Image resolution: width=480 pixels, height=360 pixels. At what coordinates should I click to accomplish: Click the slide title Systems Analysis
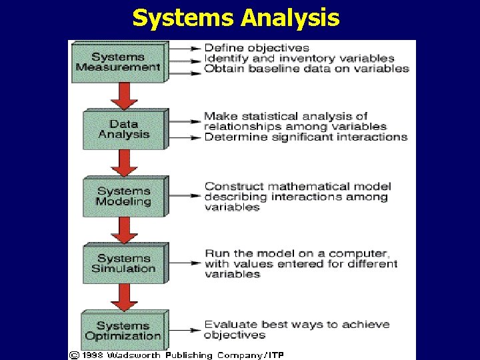[235, 18]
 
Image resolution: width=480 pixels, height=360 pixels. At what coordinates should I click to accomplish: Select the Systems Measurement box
[117, 62]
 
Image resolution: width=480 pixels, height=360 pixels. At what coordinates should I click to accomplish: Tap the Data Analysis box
[123, 129]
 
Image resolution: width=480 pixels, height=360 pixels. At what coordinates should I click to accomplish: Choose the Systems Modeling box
[123, 196]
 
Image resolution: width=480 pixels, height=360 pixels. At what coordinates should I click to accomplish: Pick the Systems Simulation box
[123, 263]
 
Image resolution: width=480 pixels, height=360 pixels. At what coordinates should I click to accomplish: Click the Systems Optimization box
[123, 331]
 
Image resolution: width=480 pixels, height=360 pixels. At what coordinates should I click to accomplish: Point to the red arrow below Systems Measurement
[124, 95]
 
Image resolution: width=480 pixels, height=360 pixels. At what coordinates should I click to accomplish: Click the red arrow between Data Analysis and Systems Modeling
[124, 162]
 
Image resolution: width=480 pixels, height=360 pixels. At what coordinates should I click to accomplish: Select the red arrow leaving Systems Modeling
[124, 230]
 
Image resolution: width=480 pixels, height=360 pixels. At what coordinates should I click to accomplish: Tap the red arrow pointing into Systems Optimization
[124, 297]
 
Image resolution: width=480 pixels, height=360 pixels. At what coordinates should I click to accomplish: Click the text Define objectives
[257, 48]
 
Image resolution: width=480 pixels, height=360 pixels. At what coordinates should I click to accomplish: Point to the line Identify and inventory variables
[299, 58]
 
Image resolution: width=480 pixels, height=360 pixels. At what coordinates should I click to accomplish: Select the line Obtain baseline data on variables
[306, 68]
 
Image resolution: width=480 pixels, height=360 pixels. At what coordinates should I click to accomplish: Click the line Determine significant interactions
[305, 137]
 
